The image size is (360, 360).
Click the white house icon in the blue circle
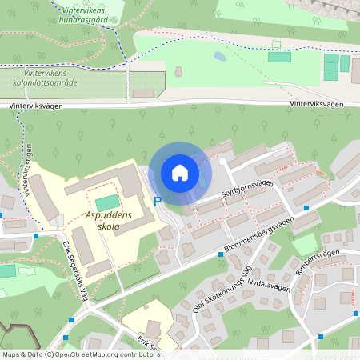pyautogui.click(x=179, y=173)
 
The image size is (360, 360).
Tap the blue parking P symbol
pyautogui.click(x=158, y=202)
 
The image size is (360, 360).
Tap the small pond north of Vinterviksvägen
pyautogui.click(x=220, y=58)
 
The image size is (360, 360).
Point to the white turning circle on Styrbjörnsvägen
pyautogui.click(x=222, y=162)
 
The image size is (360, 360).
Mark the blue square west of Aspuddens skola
pyautogui.click(x=37, y=235)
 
